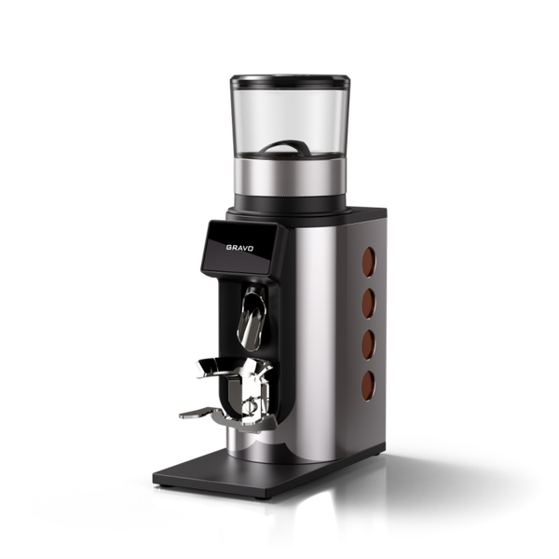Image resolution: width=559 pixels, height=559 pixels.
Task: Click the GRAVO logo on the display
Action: pos(239,248)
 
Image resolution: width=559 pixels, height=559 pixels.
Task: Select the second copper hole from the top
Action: pos(369,303)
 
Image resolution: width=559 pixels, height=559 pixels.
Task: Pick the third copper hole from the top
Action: pos(369,345)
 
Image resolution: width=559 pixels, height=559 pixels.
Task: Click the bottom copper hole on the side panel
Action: pos(368,386)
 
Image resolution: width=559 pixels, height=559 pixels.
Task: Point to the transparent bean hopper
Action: pos(290,117)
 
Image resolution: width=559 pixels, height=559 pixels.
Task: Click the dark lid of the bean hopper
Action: pos(290,81)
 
